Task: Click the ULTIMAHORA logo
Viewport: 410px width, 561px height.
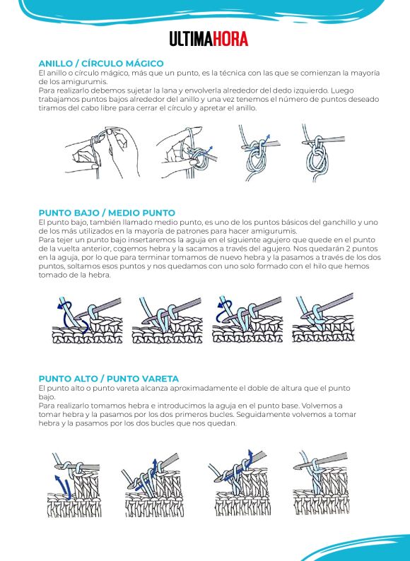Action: [209, 39]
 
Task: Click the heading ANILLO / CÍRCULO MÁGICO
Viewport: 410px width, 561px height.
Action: [101, 64]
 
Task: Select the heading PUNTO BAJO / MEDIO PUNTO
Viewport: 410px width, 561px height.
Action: [107, 213]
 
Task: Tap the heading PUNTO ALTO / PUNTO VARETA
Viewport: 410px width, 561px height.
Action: [109, 379]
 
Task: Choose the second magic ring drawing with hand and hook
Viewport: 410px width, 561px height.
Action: [186, 153]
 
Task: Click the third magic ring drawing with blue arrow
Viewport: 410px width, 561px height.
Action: [259, 153]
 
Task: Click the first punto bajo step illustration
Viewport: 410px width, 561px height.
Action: [88, 320]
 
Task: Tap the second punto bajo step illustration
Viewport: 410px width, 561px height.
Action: [167, 320]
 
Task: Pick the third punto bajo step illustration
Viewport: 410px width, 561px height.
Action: [247, 319]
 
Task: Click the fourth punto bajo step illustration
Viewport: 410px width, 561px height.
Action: [324, 318]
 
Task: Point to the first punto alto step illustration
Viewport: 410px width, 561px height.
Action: [74, 485]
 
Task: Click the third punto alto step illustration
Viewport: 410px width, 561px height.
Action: [239, 483]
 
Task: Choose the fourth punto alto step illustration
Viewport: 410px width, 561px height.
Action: [321, 483]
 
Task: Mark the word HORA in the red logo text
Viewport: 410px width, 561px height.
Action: [231, 39]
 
